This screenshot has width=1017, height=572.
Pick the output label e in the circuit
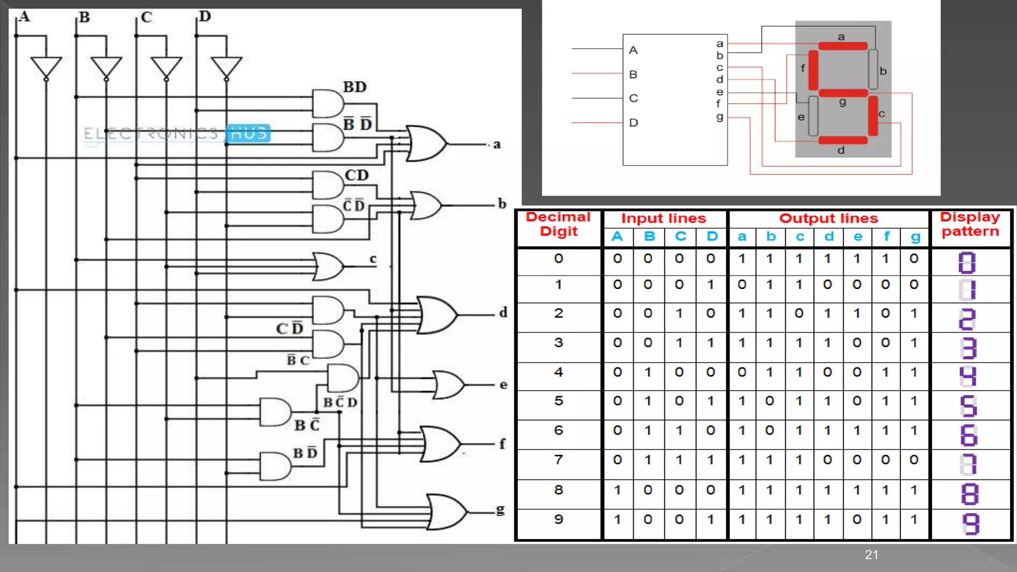click(504, 385)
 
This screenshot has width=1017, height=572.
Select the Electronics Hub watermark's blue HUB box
click(249, 133)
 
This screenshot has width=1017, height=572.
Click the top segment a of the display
click(843, 46)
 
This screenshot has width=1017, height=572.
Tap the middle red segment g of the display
click(843, 93)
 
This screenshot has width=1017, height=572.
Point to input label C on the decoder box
click(634, 98)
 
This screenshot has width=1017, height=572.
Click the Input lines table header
click(663, 218)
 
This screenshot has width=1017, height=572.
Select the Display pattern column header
click(970, 224)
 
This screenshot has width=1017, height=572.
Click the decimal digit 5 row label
click(559, 401)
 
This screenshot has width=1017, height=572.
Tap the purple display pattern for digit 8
click(969, 495)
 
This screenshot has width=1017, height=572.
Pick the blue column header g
click(915, 237)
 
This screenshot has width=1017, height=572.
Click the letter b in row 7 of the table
click(770, 460)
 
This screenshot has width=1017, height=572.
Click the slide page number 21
click(872, 555)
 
